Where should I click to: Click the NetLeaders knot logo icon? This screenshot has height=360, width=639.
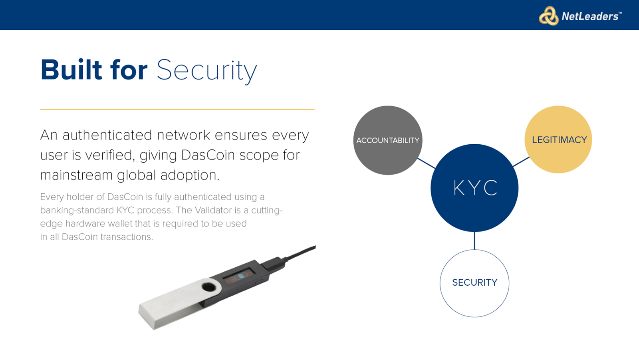point(549,16)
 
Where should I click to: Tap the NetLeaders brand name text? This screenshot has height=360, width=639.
point(591,16)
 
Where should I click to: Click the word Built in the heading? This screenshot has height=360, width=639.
point(71,70)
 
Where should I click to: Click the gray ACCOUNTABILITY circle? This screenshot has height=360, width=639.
point(388,140)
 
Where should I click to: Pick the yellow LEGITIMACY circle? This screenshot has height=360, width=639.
point(558,139)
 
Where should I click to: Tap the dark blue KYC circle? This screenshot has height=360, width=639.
point(474,188)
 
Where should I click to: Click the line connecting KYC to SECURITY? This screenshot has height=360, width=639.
point(474,241)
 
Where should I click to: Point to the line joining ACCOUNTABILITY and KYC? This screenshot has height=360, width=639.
point(427,163)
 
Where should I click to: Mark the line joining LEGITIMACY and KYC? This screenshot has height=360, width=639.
point(521,161)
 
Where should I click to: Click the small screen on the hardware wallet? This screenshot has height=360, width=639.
point(239,276)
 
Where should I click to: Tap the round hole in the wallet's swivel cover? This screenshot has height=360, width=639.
point(208,287)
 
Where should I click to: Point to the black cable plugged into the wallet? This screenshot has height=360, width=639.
point(299,253)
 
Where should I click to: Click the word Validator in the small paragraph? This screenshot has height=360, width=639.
point(213,210)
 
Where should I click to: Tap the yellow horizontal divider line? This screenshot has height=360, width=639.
point(177,109)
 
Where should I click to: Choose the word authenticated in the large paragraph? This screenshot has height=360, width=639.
point(107,135)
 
